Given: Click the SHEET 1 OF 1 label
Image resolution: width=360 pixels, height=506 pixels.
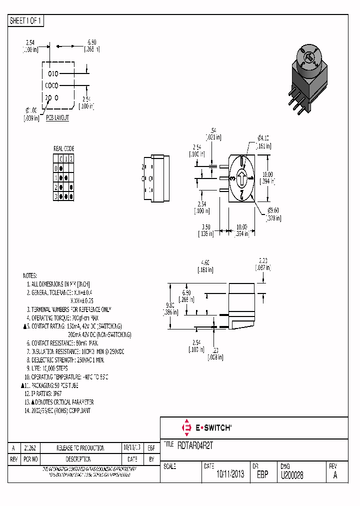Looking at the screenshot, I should click(26, 21).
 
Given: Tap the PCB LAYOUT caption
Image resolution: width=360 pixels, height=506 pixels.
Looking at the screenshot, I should click(57, 118).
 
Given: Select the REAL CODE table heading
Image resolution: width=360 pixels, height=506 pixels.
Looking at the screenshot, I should click(63, 148).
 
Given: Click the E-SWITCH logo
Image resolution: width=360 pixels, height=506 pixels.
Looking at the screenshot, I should click(205, 428).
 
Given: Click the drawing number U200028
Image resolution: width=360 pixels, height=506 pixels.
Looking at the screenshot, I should click(292, 474).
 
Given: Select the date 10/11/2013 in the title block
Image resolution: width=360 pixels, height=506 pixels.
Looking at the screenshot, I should click(230, 474).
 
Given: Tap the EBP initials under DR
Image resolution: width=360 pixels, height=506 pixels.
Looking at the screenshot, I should click(262, 474).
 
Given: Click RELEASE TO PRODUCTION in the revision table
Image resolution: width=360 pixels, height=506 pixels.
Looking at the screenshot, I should click(80, 448).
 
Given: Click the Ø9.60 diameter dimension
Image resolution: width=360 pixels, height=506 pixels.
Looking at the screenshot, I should click(273, 214).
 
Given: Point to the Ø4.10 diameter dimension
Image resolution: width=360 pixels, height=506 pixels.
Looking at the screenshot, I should click(263, 141).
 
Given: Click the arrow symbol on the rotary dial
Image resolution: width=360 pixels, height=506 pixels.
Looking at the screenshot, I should click(241, 178).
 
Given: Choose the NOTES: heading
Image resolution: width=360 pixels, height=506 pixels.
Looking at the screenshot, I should click(30, 275).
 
